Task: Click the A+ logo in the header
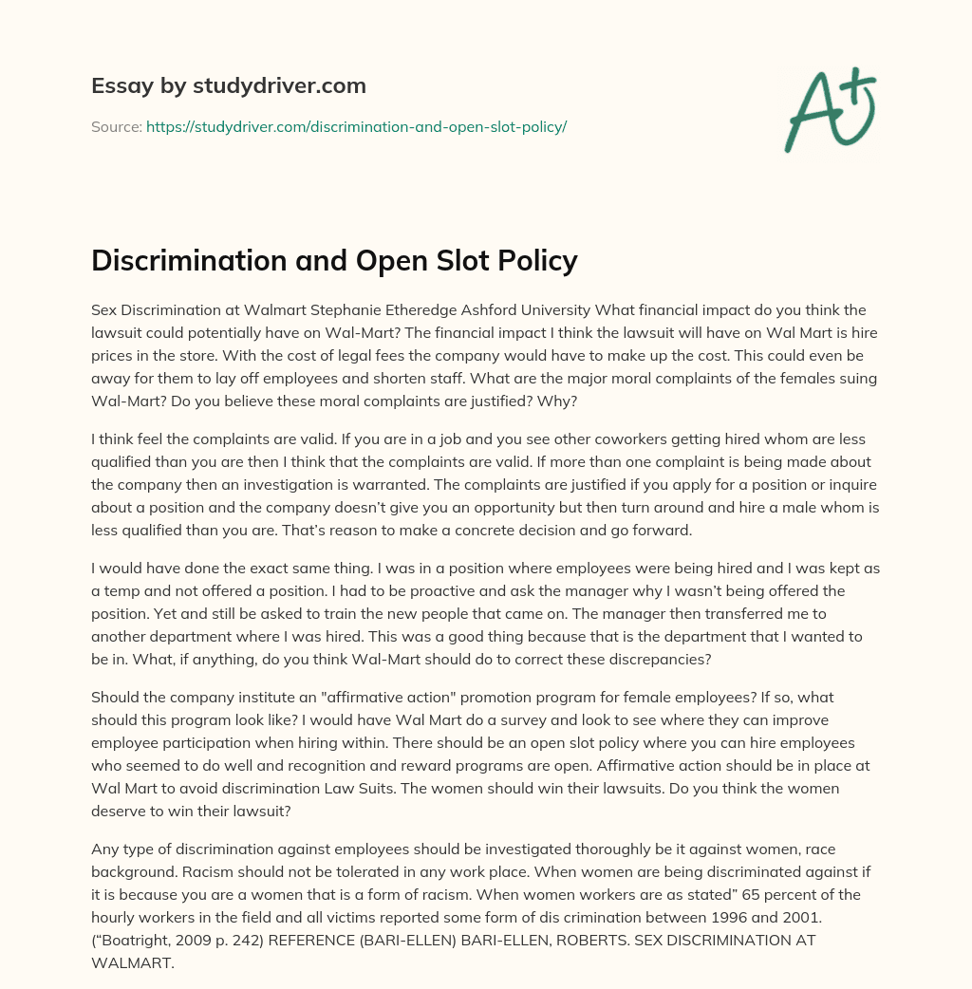click(830, 109)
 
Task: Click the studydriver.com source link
click(356, 126)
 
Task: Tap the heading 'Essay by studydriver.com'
click(229, 85)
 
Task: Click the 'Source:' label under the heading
click(117, 126)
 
